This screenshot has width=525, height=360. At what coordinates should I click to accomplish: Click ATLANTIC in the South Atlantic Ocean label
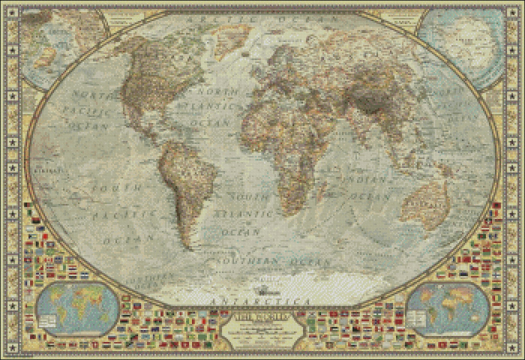(244, 214)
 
